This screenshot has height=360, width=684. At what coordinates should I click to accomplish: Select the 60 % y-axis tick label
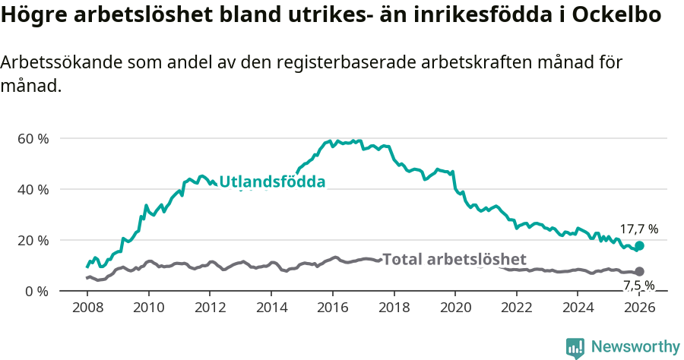coord(33,139)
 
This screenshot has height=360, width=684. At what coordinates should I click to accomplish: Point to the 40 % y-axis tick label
coord(33,189)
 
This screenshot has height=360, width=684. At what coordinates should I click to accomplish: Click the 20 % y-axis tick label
coord(33,240)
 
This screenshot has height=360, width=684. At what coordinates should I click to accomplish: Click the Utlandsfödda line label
coord(272,182)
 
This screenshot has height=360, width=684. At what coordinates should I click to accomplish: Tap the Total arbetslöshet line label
coord(454,259)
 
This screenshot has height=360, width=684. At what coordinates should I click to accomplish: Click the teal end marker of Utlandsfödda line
coord(639,245)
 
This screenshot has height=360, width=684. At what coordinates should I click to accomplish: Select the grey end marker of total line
coord(639,271)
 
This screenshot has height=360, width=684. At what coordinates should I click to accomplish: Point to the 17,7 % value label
coord(638,229)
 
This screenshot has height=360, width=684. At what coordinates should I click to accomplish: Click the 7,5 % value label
coord(638,286)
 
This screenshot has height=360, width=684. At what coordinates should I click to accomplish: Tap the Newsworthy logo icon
coord(575,347)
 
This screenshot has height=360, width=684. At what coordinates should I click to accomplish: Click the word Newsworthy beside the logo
coord(635,347)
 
